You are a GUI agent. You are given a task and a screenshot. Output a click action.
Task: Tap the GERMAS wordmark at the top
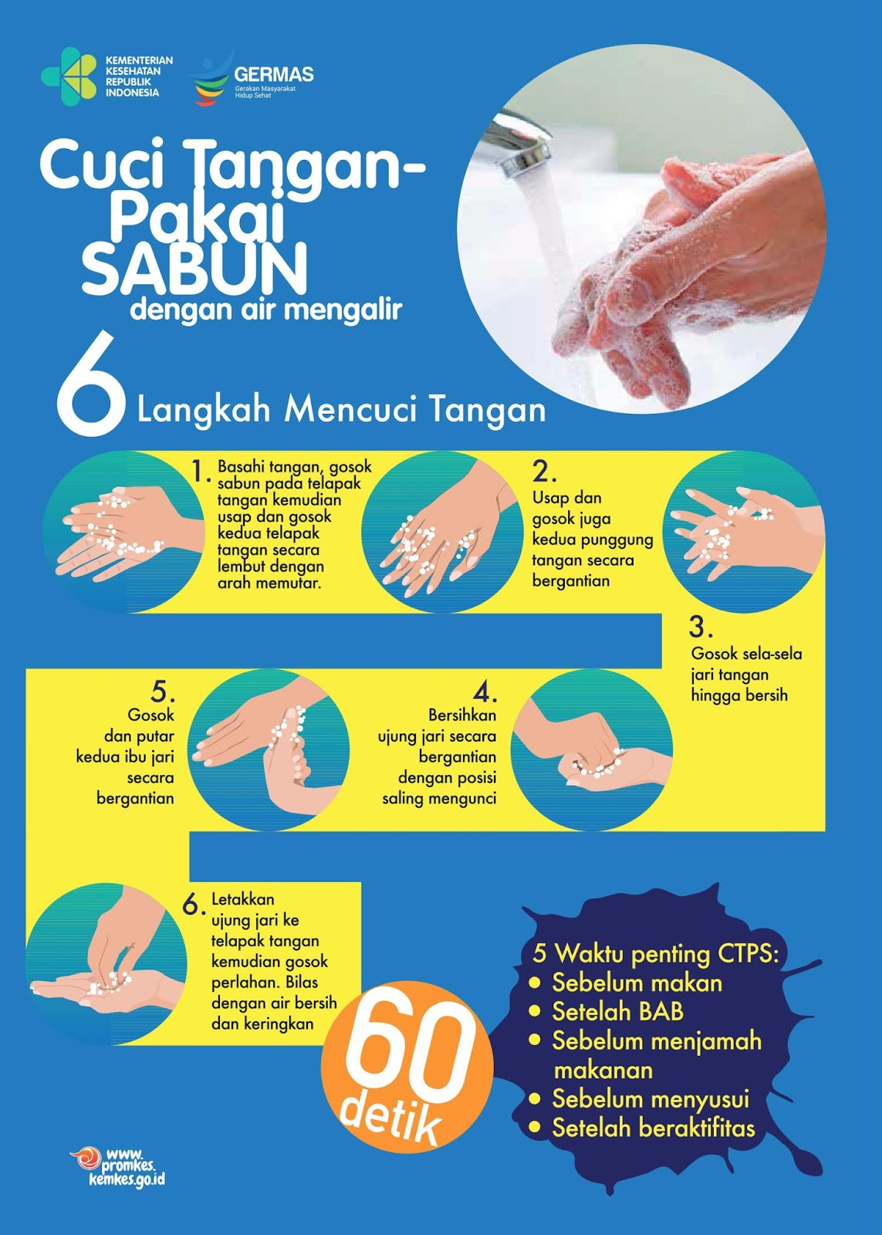(x=274, y=75)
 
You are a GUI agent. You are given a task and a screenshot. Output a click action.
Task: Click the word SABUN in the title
(x=194, y=269)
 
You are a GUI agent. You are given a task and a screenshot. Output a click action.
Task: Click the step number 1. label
(x=201, y=471)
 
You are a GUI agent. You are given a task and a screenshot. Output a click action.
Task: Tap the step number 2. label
(x=545, y=471)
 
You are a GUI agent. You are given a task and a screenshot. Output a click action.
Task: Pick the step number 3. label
(x=701, y=626)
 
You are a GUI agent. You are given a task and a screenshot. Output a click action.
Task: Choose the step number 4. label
(x=485, y=692)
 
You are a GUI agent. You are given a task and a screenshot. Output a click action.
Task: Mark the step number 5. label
(x=164, y=690)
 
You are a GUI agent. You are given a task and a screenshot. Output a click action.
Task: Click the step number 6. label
(x=193, y=905)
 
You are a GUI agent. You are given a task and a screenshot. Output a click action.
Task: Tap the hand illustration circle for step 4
(x=592, y=750)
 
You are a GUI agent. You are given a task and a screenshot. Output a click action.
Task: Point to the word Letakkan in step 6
(x=243, y=899)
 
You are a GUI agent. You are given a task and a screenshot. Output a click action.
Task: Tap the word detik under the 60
(x=390, y=1118)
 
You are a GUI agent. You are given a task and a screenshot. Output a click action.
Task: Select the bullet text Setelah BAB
(x=617, y=1012)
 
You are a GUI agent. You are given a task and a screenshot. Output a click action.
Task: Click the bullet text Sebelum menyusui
(x=651, y=1099)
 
